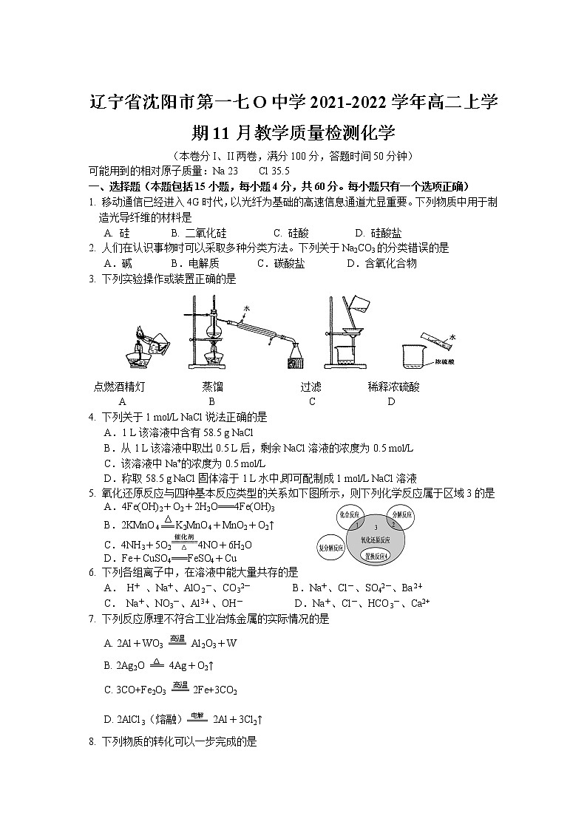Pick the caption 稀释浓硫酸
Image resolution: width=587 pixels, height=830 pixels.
[393, 387]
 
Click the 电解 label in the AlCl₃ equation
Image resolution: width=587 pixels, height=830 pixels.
[194, 714]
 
